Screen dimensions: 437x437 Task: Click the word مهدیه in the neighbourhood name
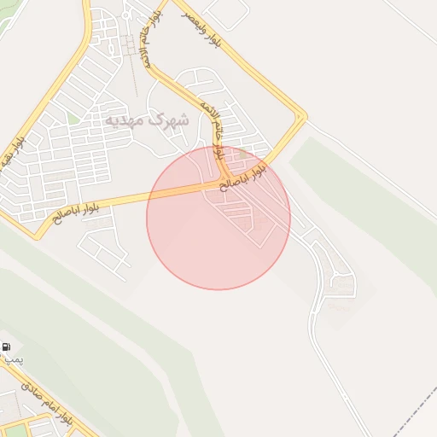click(125, 120)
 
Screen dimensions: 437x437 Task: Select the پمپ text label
click(13, 361)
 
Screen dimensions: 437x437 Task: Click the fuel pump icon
click(7, 347)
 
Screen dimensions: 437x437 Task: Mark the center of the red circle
click(218, 218)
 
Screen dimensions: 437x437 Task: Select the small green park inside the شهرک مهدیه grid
click(74, 119)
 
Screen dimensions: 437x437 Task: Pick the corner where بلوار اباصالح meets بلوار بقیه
click(36, 233)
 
